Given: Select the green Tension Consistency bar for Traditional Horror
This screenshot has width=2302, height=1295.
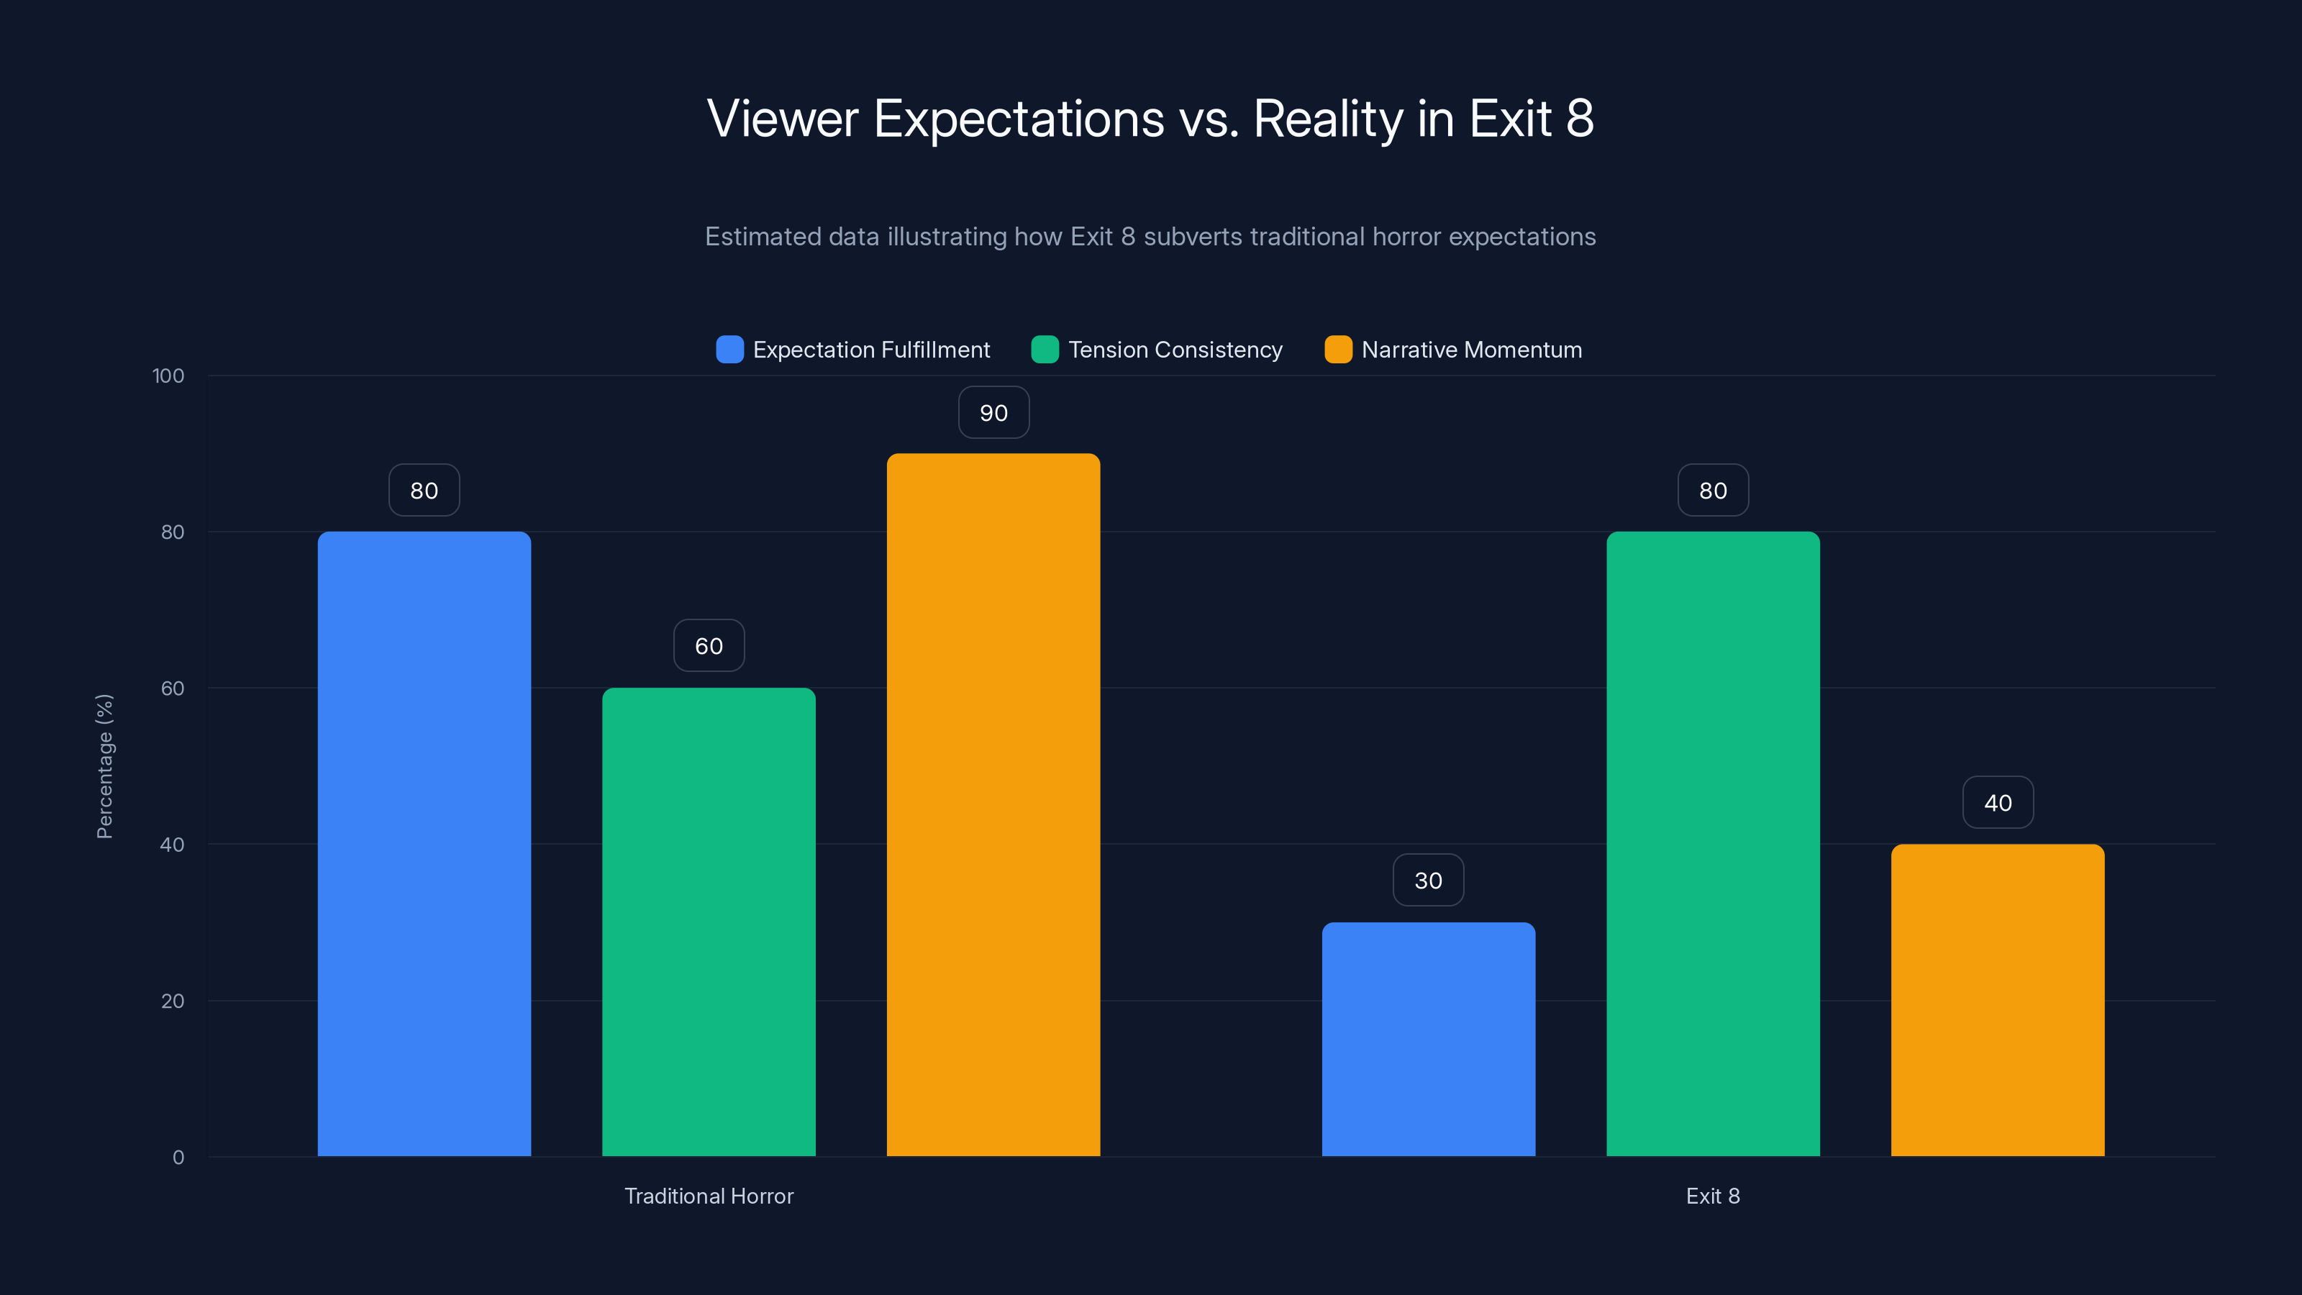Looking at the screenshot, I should pos(709,922).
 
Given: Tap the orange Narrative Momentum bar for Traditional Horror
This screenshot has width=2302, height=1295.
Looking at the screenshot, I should pos(993,804).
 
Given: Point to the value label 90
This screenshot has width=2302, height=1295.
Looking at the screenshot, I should pos(993,413).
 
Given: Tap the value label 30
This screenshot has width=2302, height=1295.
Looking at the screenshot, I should pos(1428,881).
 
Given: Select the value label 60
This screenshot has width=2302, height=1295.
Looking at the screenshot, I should pos(709,646).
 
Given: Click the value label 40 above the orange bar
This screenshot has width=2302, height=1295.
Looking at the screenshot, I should pos(1997,803).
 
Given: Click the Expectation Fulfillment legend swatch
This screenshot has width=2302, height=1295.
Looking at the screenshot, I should pos(729,350).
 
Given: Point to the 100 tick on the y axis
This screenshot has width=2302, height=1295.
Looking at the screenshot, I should pos(168,376).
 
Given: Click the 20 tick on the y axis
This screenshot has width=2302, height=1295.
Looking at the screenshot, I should pos(173,1001).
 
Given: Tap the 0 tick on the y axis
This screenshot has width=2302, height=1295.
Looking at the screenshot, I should pos(178,1158).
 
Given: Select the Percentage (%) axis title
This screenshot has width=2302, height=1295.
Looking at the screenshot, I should pos(104,766).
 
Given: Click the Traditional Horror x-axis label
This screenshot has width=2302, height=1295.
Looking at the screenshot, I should pos(709,1196).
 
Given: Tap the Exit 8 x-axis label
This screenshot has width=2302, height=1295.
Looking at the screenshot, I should pos(1712,1196).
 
